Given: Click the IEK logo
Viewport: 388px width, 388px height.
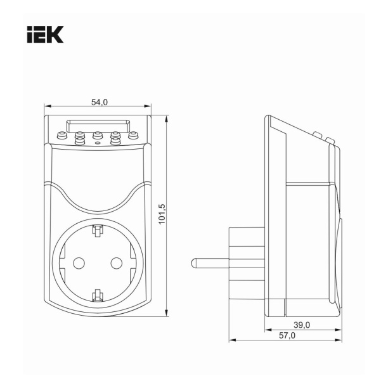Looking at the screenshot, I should click(45, 34).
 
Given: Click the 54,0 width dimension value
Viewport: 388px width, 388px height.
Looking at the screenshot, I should click(100, 101).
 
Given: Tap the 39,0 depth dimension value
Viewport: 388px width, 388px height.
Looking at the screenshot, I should click(303, 325).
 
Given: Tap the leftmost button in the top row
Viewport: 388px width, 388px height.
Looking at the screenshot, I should click(61, 135).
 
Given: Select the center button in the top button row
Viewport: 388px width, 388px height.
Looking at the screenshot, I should click(98, 135).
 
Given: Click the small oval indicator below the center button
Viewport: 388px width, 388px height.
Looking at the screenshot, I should click(98, 143).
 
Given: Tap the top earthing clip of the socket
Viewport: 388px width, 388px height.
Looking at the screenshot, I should click(98, 230).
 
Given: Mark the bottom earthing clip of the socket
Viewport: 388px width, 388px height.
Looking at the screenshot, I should click(98, 294).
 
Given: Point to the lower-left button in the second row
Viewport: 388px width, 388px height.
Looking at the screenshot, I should click(80, 141).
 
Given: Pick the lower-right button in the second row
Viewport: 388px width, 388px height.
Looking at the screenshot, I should click(115, 141).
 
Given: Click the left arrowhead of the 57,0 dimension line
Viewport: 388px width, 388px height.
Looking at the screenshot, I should click(231, 340).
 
